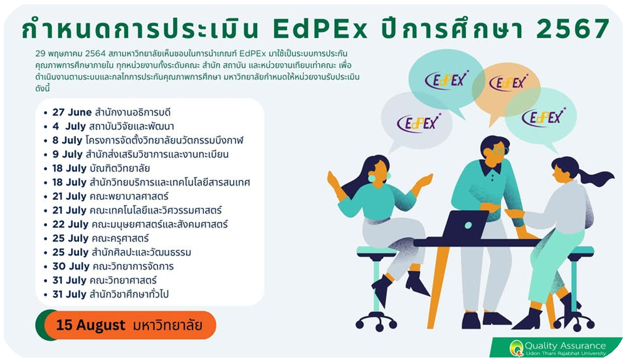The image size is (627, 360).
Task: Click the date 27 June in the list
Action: click(x=72, y=112)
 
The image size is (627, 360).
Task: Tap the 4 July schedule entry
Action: click(x=113, y=127)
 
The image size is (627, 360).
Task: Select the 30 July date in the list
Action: click(x=71, y=267)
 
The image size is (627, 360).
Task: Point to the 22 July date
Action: click(x=70, y=225)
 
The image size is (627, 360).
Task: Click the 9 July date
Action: click(x=67, y=154)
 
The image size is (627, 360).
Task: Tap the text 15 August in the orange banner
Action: click(x=91, y=325)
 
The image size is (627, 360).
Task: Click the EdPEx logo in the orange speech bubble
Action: click(x=508, y=82)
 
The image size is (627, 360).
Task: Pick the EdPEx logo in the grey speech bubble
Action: click(x=418, y=122)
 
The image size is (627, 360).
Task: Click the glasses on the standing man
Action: click(x=498, y=151)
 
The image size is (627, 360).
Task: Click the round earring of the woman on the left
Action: click(x=372, y=178)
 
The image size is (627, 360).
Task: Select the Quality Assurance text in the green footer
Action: click(x=565, y=346)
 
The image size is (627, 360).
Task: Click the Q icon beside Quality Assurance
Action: click(x=516, y=347)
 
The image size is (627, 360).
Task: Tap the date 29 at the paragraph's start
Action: click(x=40, y=53)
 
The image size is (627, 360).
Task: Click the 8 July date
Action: click(x=67, y=140)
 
